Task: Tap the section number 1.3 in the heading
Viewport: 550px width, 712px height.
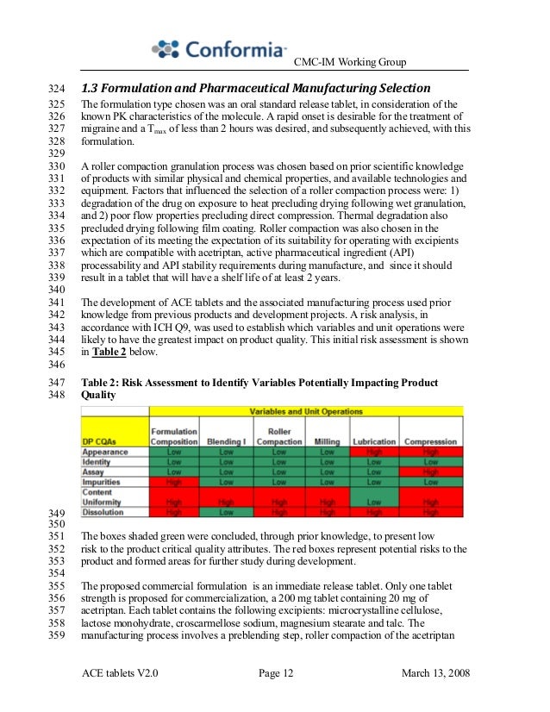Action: (91, 89)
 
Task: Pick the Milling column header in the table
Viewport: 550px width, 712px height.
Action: (327, 441)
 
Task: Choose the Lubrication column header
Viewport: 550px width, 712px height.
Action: (373, 441)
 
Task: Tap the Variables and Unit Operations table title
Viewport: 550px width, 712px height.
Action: (305, 412)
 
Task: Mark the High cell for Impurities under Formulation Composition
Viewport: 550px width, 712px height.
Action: (174, 483)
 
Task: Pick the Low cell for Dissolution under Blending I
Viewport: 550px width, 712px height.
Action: (226, 512)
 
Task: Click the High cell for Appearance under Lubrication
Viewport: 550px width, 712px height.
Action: (373, 452)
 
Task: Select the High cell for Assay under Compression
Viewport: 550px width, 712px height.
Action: (431, 472)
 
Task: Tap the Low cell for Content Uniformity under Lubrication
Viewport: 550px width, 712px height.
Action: (373, 501)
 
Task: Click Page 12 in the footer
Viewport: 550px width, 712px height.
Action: (276, 672)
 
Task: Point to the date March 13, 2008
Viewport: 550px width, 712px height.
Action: (436, 672)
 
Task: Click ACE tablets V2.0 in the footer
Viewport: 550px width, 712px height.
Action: (121, 672)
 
